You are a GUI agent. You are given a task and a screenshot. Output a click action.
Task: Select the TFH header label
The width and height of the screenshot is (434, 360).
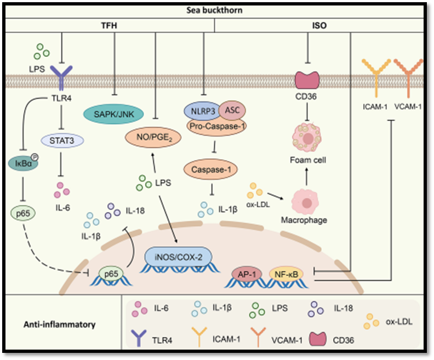[109, 25]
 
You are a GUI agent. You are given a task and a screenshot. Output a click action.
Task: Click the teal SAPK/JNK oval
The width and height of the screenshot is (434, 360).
[113, 114]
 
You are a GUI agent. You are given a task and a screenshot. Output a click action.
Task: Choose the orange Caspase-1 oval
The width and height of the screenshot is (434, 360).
[211, 170]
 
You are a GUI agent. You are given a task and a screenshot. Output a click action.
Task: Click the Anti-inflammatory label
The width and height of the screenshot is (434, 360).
[61, 324]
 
